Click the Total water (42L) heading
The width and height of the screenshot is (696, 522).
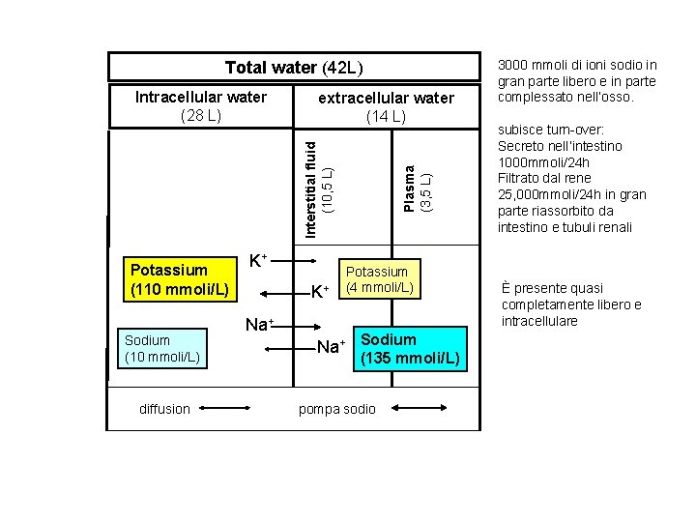click(293, 68)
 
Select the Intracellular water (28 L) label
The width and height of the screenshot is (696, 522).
click(201, 106)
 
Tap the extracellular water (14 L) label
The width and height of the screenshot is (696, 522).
click(386, 107)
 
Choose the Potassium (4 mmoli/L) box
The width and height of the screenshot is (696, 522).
click(380, 279)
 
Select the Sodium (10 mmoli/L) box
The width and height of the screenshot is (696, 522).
click(160, 348)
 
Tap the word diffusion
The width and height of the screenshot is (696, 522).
click(164, 409)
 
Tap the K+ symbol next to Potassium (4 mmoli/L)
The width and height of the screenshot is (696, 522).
click(319, 291)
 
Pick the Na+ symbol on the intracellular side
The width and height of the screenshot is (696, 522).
click(258, 325)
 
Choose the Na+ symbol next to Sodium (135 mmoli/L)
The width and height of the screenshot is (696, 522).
click(331, 346)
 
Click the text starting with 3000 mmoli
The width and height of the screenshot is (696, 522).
click(576, 81)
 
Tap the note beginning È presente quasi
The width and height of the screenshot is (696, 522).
click(570, 304)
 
